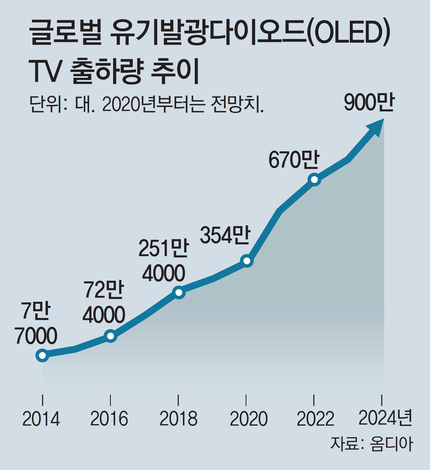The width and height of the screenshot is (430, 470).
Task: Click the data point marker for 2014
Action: pos(42,355)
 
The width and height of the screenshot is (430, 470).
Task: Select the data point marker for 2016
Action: pos(111,336)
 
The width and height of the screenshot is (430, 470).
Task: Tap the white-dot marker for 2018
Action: pos(179,292)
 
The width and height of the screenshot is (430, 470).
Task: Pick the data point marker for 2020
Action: pos(247,261)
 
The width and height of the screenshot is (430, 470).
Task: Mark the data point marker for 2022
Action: pos(314,180)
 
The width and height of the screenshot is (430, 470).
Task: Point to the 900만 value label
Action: pos(369,103)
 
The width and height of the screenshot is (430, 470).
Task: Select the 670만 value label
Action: pos(294,160)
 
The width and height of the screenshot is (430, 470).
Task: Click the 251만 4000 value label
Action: pos(164,261)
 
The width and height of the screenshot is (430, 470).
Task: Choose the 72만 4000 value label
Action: pos(104,302)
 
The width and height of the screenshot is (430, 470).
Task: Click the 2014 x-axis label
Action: pos(41,419)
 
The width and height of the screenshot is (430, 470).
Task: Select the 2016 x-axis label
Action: pos(109,419)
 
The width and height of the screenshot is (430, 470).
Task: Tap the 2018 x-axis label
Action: pos(178,419)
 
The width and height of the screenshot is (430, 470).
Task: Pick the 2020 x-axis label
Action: pos(249,419)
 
